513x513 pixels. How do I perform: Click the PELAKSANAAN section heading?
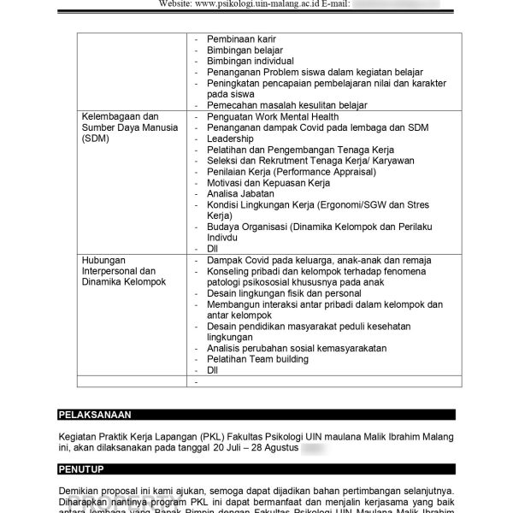(94, 415)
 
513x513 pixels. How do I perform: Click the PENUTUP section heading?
(82, 469)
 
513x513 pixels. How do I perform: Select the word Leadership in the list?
(230, 139)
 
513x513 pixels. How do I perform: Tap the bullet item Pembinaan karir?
(241, 39)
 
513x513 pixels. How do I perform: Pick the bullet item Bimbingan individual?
(250, 62)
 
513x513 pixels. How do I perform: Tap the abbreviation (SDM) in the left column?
(96, 139)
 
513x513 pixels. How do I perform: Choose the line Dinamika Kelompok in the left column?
(124, 281)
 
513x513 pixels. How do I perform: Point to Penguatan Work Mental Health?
(273, 117)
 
